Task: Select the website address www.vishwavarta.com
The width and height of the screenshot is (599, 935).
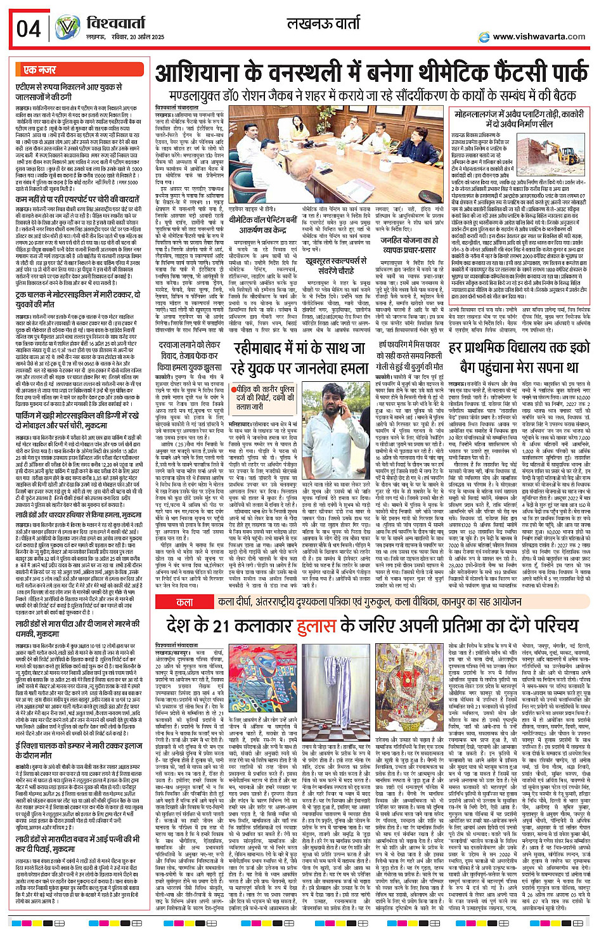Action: point(539,36)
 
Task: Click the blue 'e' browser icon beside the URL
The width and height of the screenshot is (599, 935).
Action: point(484,37)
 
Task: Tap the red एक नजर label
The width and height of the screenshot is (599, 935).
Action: point(39,70)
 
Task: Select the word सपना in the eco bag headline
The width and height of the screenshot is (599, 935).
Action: point(538,367)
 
